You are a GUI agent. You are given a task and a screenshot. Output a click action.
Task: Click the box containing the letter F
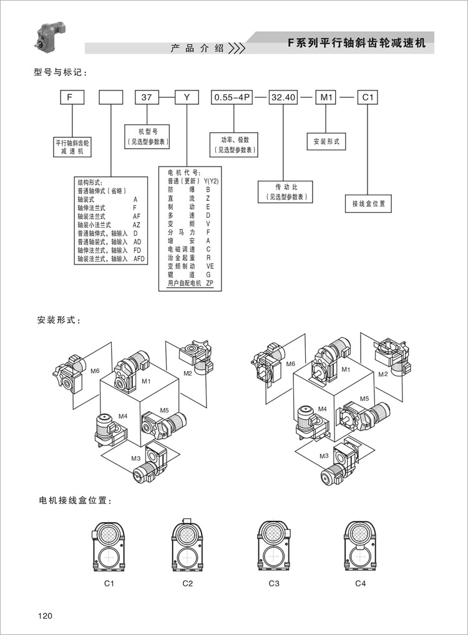72,98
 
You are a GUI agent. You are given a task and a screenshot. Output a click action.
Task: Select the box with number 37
147,98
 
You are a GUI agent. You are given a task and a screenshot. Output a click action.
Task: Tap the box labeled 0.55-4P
233,98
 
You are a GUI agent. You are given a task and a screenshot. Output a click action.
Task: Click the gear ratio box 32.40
283,98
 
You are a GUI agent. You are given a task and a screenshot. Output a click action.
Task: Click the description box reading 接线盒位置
368,203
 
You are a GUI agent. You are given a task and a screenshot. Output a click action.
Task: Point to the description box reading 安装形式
326,142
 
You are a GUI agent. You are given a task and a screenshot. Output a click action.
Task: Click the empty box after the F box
111,98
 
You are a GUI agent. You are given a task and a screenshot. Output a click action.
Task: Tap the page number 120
45,616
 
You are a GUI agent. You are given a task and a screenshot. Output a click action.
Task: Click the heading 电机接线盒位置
75,501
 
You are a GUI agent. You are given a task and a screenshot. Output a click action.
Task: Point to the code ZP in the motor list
210,284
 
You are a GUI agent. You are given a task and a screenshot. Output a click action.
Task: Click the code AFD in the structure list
139,258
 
